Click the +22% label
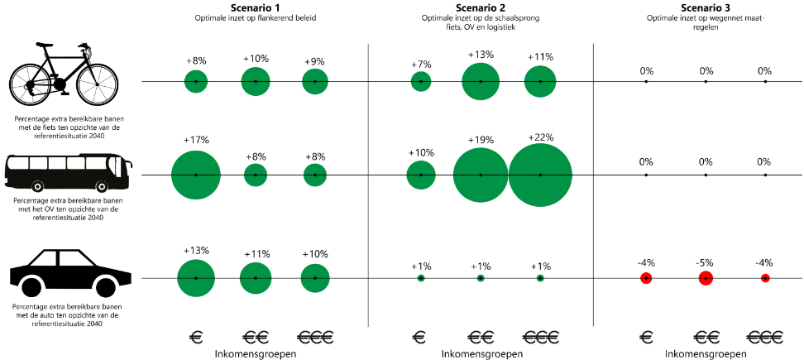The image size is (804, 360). (539, 137)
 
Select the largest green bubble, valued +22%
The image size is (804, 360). (540, 175)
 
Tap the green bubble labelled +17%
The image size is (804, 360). (196, 175)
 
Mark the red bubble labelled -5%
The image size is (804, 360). (706, 278)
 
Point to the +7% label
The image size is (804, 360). (421, 65)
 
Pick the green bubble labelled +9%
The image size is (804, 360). (315, 82)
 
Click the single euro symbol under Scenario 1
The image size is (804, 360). (196, 337)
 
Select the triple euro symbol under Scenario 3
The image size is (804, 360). (765, 337)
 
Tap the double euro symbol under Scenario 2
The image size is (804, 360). (481, 337)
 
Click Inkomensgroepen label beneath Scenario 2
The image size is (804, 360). (481, 353)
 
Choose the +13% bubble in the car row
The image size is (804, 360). (196, 278)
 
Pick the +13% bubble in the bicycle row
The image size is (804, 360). (481, 82)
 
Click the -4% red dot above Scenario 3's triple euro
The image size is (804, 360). (765, 278)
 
